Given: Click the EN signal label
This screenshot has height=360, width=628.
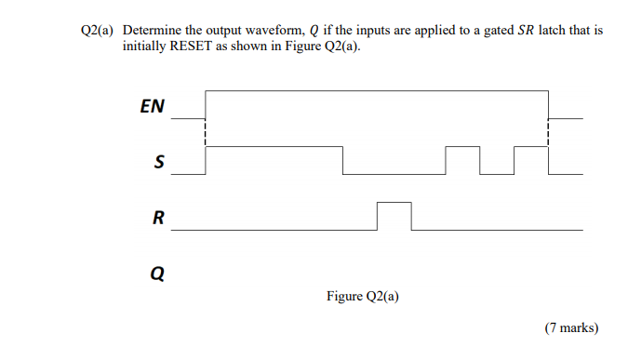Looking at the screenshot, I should pyautogui.click(x=152, y=106).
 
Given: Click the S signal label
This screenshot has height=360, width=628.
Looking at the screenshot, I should pyautogui.click(x=158, y=164).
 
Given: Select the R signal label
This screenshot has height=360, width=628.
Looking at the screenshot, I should pyautogui.click(x=158, y=219).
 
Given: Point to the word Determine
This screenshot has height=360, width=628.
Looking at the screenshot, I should pyautogui.click(x=153, y=31).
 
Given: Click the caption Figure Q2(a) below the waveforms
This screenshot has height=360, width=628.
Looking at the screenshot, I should pyautogui.click(x=363, y=297).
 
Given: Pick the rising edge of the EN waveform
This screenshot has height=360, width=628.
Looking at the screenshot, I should pyautogui.click(x=206, y=104).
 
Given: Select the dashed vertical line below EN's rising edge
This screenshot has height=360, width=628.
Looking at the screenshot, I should pyautogui.click(x=206, y=132).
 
